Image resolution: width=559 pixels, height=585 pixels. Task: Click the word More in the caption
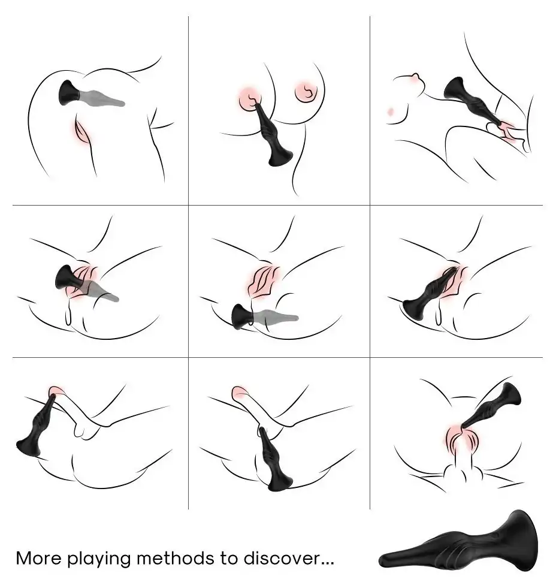(x=38, y=558)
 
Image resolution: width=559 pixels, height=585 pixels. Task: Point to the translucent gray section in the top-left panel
(x=101, y=98)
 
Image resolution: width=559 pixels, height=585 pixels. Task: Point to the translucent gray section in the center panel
(x=276, y=316)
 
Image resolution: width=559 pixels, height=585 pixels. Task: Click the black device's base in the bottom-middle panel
(x=280, y=481)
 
